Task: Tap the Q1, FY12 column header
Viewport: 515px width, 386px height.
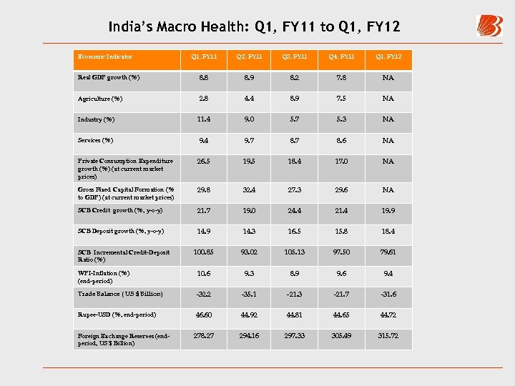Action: [x=388, y=56]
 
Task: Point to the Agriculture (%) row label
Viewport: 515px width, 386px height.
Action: [x=100, y=99]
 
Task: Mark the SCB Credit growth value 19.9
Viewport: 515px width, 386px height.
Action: [x=388, y=211]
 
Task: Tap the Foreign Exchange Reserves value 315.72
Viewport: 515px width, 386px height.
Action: [x=388, y=336]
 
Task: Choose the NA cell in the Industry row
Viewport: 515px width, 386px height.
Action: [x=388, y=119]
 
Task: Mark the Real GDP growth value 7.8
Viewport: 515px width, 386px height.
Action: [x=340, y=77]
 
